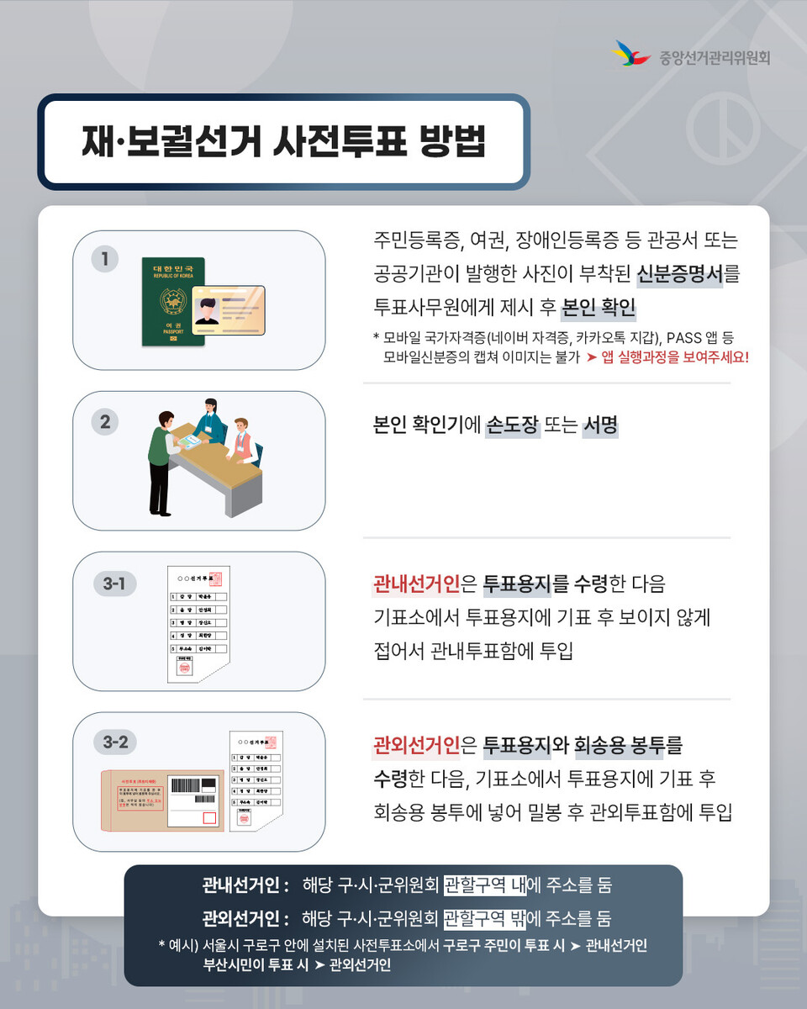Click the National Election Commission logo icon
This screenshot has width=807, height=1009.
click(631, 55)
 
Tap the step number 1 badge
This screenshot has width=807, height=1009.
click(104, 259)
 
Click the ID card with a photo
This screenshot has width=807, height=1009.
click(228, 310)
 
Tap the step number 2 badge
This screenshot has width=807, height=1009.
click(104, 421)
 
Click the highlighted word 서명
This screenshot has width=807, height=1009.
click(600, 425)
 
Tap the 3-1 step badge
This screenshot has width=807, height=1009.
click(114, 583)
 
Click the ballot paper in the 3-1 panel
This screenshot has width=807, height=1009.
click(197, 622)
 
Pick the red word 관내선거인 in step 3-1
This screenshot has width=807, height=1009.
click(416, 584)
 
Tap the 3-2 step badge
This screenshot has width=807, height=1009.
click(114, 742)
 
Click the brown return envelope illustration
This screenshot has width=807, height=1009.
click(164, 800)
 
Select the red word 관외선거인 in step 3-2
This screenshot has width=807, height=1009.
click(416, 745)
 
